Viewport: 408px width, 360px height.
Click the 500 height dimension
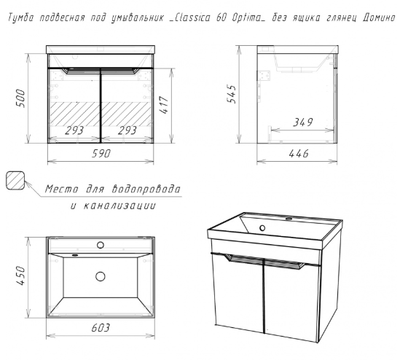coord(20,98)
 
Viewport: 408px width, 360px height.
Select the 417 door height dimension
coord(164,105)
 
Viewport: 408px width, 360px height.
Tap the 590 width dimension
coord(101,153)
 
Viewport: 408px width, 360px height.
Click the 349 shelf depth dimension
coord(303,122)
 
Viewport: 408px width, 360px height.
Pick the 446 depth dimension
coord(299,154)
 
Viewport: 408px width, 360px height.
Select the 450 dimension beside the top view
coord(20,275)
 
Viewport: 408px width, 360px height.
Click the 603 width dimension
coord(101,328)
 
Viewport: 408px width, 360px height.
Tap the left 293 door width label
coord(74,130)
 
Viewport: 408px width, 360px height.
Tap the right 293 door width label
coord(127,130)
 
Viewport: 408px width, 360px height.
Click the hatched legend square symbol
coord(15,180)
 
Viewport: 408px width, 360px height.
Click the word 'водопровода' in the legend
coord(146,189)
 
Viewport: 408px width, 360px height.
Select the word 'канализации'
coord(120,206)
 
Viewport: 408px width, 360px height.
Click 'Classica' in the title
coord(192,17)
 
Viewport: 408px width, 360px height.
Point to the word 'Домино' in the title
coord(379,17)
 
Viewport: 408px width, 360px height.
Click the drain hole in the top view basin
coord(101,276)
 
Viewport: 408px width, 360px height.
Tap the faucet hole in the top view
coord(101,245)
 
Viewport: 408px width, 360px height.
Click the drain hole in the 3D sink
coord(262,228)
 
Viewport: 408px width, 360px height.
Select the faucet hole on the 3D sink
coord(289,219)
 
